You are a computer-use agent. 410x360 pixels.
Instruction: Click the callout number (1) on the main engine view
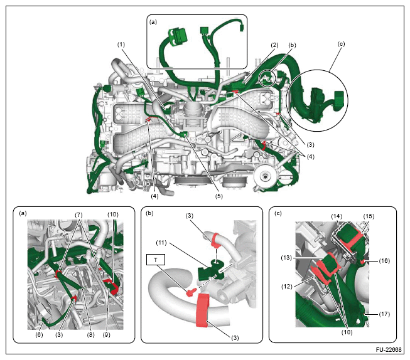pyautogui.click(x=121, y=45)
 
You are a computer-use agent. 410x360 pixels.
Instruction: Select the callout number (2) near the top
pyautogui.click(x=274, y=45)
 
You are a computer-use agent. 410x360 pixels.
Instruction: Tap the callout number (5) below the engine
pyautogui.click(x=219, y=196)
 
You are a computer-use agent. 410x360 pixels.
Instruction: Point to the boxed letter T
pyautogui.click(x=156, y=260)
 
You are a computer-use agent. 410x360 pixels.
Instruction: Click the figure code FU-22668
pyautogui.click(x=388, y=350)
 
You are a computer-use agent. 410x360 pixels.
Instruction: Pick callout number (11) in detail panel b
pyautogui.click(x=161, y=243)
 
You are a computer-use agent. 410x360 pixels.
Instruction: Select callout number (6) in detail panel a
pyautogui.click(x=39, y=335)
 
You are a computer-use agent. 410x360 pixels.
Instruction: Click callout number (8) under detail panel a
pyautogui.click(x=90, y=335)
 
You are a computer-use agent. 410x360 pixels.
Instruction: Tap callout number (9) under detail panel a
pyautogui.click(x=106, y=335)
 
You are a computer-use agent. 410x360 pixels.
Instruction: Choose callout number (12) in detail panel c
pyautogui.click(x=286, y=287)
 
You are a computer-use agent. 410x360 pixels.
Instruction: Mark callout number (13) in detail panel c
pyautogui.click(x=286, y=258)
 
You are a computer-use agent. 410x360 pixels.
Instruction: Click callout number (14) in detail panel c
pyautogui.click(x=337, y=216)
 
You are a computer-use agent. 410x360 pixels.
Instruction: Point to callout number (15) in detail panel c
pyautogui.click(x=369, y=216)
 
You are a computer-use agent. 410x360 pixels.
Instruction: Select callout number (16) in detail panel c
pyautogui.click(x=384, y=261)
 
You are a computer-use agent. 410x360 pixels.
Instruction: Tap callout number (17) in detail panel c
pyautogui.click(x=384, y=314)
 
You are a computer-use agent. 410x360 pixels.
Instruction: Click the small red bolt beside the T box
pyautogui.click(x=191, y=292)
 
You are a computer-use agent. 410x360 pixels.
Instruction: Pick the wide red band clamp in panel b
pyautogui.click(x=202, y=310)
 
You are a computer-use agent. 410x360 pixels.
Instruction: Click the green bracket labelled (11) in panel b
pyautogui.click(x=211, y=272)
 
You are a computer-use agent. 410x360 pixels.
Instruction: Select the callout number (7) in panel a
pyautogui.click(x=78, y=215)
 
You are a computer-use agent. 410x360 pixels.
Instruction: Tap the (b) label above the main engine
pyautogui.click(x=292, y=45)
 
